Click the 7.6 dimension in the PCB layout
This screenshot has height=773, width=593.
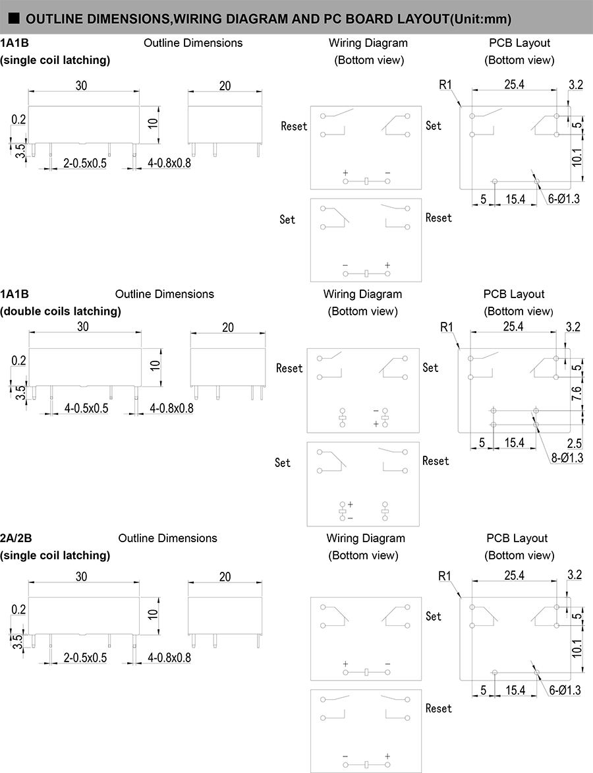[x=577, y=394]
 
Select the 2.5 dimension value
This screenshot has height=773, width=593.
[x=575, y=443]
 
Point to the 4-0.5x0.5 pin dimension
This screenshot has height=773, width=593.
[x=86, y=408]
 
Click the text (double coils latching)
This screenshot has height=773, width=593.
[x=61, y=311]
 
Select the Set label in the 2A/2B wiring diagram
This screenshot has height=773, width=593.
[x=433, y=616]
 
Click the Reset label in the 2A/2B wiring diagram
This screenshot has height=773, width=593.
[x=438, y=708]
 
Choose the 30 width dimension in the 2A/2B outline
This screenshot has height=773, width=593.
[x=82, y=576]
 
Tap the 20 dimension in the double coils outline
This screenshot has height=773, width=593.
[x=228, y=327]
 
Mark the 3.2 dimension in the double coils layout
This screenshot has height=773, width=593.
[x=573, y=326]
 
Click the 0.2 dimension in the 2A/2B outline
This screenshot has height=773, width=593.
[x=18, y=609]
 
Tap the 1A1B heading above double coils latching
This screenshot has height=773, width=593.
[x=14, y=294]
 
